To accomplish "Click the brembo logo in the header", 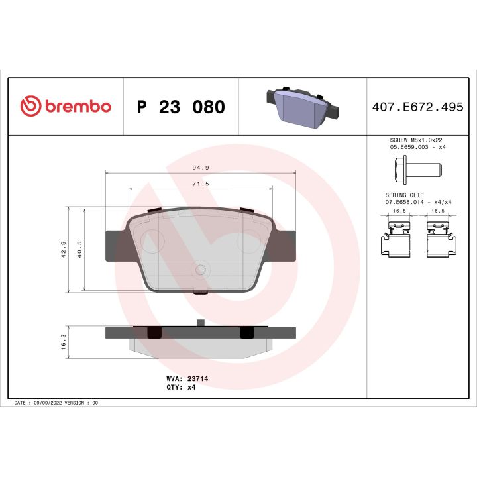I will pyautogui.click(x=65, y=106).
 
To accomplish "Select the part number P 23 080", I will pyautogui.click(x=180, y=107).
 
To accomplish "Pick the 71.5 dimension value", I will pyautogui.click(x=200, y=183).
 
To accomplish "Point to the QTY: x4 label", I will pyautogui.click(x=180, y=387).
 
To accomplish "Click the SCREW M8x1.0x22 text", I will pyautogui.click(x=415, y=141).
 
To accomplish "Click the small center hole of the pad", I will pyautogui.click(x=201, y=269).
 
